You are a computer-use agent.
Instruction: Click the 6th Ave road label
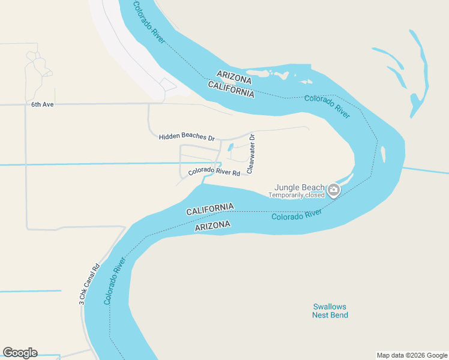[x=43, y=104]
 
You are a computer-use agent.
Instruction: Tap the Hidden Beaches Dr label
[x=186, y=137]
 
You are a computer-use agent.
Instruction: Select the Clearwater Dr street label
[x=251, y=154]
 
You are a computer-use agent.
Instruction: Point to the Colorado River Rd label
[x=214, y=172]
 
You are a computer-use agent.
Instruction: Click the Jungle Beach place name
[x=300, y=187]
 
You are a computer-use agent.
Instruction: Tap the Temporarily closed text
[x=296, y=195]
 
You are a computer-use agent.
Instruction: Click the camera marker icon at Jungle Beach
[x=334, y=191]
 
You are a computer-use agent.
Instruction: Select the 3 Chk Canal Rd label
[x=89, y=285]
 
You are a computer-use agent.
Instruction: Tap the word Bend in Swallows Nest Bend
[x=339, y=315]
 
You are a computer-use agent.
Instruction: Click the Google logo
[x=20, y=353]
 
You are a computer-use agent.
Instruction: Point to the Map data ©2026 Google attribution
[x=411, y=355]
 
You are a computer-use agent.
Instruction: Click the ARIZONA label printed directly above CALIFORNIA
[x=234, y=77]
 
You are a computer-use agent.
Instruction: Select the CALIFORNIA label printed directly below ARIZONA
[x=231, y=89]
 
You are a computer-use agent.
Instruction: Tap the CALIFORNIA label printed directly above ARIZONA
[x=209, y=209]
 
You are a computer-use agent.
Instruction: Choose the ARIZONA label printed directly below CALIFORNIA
[x=212, y=225]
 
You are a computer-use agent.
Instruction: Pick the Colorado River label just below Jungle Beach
[x=297, y=214]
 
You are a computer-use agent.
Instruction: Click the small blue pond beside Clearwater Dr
[x=231, y=148]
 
